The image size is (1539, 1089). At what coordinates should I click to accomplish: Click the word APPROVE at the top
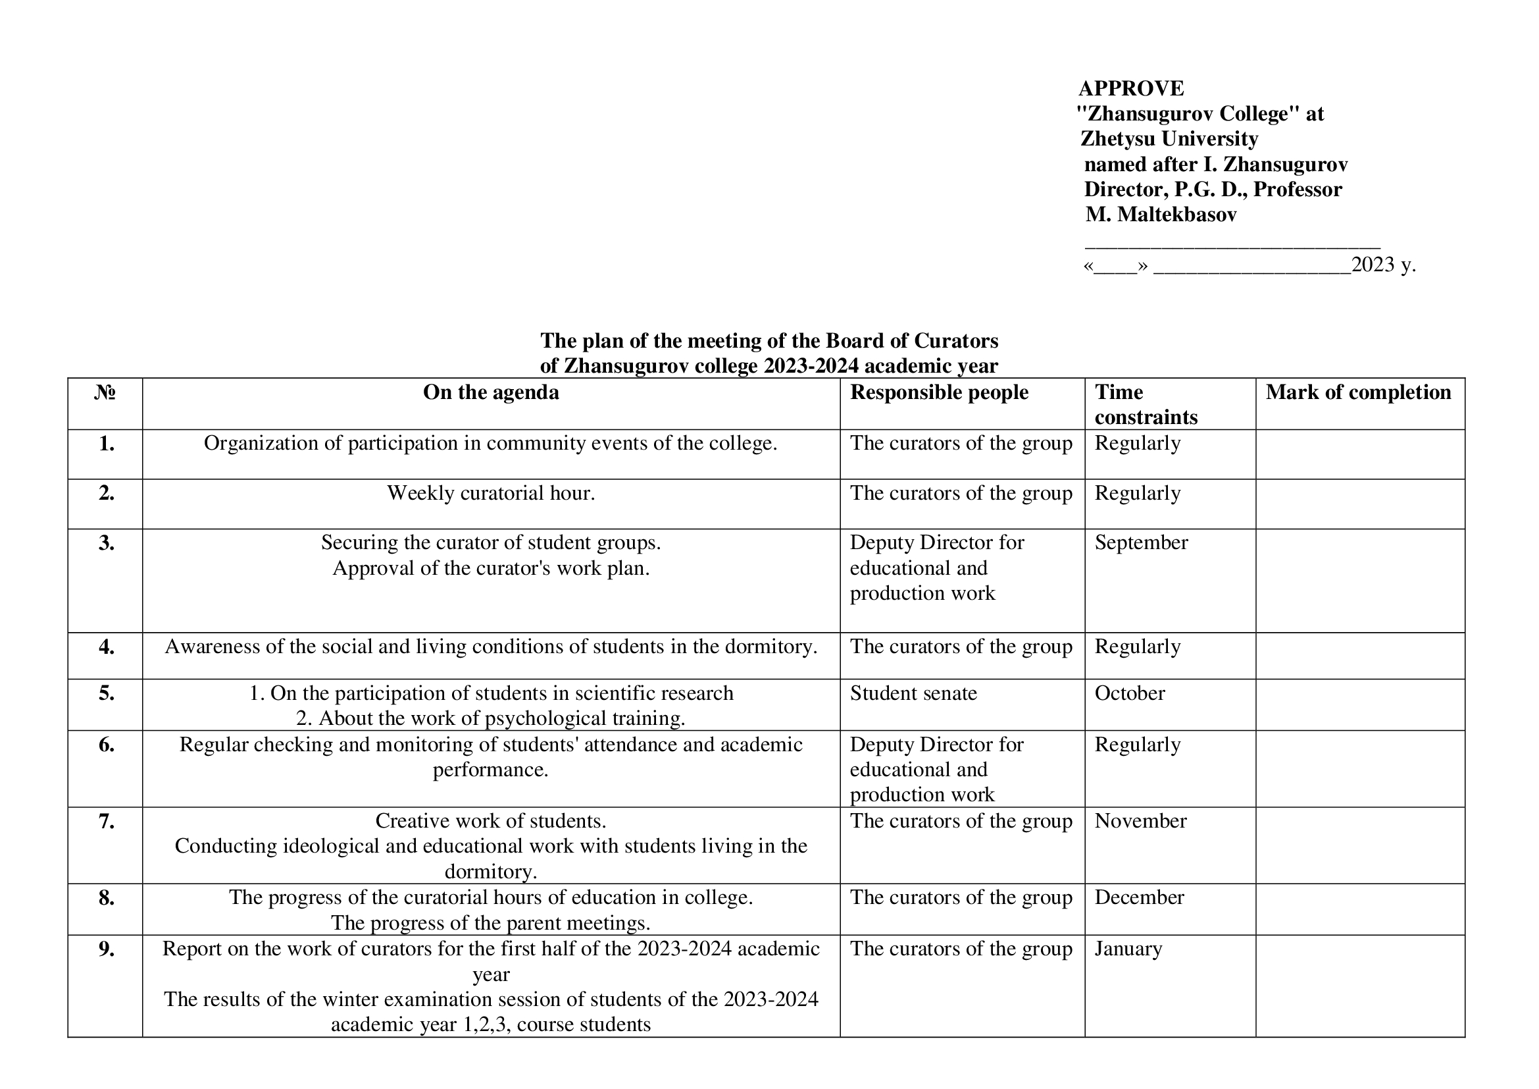(x=1131, y=88)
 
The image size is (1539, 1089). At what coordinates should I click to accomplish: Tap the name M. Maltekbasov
(x=1161, y=215)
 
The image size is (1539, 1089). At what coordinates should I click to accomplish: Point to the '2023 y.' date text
(x=1383, y=265)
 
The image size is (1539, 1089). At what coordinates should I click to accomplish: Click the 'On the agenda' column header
(x=491, y=392)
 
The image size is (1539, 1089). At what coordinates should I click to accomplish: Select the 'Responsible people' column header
(x=939, y=392)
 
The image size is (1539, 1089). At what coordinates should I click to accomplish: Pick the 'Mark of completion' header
(x=1358, y=392)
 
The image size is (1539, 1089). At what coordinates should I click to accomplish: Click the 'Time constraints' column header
(x=1146, y=404)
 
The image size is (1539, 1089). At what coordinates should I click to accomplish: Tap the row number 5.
(x=106, y=693)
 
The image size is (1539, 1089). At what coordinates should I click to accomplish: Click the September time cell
(x=1141, y=543)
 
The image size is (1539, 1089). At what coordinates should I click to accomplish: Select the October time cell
(x=1130, y=693)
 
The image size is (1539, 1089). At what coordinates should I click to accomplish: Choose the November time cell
(x=1140, y=822)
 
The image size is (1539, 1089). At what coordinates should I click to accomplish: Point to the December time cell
(x=1139, y=898)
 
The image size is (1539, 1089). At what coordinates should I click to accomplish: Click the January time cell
(x=1128, y=949)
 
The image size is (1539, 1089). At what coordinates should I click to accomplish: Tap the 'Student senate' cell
(x=913, y=693)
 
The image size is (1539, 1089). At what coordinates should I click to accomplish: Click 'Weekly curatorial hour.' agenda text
(x=491, y=494)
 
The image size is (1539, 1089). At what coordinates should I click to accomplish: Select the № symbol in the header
(x=105, y=392)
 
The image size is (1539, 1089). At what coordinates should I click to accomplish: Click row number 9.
(x=106, y=949)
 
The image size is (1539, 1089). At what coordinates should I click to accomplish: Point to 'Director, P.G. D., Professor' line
(x=1213, y=190)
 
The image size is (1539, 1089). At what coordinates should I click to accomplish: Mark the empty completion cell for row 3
(x=1359, y=580)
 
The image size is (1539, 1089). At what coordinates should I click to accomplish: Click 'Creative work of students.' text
(x=491, y=822)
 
